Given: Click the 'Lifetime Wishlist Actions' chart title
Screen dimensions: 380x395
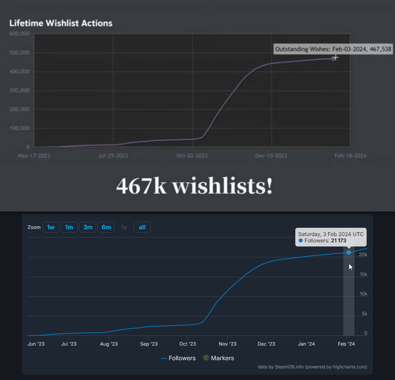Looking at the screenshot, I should [60, 23].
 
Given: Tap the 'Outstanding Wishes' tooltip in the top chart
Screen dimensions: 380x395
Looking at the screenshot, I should [333, 49].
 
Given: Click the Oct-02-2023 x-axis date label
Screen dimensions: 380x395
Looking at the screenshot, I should [192, 156].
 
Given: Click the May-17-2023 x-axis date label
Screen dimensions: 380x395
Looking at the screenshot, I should [34, 156].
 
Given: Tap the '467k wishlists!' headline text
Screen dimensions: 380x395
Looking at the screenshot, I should [194, 186].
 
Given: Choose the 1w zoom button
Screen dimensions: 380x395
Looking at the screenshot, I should [51, 227].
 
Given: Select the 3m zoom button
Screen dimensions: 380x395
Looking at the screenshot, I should [88, 227].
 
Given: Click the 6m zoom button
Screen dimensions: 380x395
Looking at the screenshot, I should [106, 227].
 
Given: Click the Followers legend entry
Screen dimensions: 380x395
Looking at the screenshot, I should [178, 358].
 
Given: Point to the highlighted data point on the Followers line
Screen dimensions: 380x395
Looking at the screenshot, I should [349, 252].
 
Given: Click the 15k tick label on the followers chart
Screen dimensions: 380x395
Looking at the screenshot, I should [363, 275].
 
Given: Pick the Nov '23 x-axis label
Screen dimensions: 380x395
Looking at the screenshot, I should [227, 344].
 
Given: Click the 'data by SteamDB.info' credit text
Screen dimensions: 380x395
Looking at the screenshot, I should [312, 367].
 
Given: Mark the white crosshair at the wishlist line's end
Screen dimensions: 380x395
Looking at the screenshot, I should [336, 57].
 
